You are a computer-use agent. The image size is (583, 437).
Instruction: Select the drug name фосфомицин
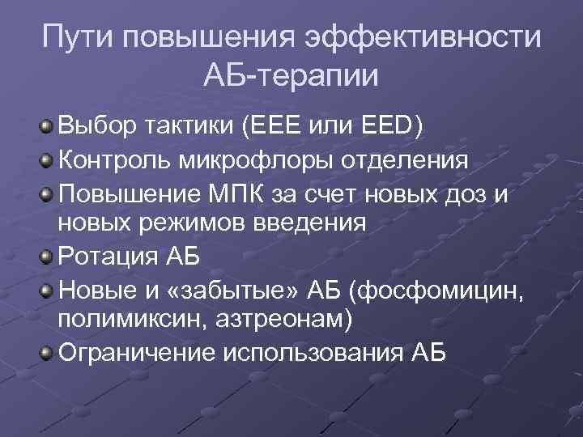pyautogui.click(x=444, y=288)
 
